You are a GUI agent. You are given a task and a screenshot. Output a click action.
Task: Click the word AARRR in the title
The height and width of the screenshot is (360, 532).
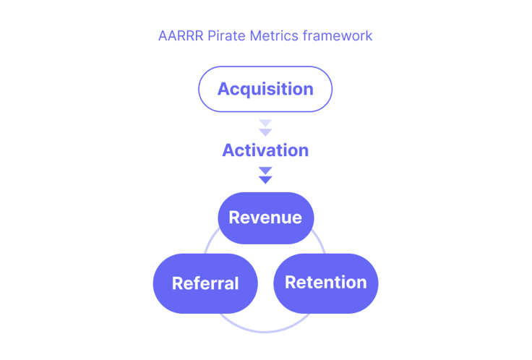(x=181, y=35)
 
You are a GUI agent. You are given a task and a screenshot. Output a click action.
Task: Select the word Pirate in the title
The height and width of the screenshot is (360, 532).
(x=226, y=35)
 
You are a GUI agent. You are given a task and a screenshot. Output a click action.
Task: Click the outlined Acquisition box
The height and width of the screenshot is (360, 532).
(x=265, y=89)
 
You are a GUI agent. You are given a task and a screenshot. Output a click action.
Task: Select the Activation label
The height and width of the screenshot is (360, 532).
(x=265, y=150)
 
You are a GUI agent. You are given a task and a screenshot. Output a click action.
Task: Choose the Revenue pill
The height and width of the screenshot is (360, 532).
(x=266, y=218)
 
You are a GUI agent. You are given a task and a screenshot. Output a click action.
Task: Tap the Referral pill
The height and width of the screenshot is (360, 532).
(x=205, y=283)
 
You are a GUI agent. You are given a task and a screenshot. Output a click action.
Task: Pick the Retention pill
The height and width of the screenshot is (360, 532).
(x=326, y=283)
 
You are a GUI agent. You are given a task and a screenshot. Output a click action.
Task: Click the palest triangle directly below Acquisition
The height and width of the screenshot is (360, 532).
(x=265, y=122)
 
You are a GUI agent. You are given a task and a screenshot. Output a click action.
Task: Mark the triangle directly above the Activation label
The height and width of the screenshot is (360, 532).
(x=265, y=132)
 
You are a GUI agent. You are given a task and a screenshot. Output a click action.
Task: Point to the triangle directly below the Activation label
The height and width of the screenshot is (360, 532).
(x=265, y=171)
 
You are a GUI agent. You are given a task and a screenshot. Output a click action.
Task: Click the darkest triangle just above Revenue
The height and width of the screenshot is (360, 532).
(x=265, y=179)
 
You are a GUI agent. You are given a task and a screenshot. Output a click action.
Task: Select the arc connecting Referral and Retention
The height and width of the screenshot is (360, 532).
(x=265, y=332)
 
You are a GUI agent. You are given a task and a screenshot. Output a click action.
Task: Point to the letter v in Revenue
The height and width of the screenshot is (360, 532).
(x=260, y=219)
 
